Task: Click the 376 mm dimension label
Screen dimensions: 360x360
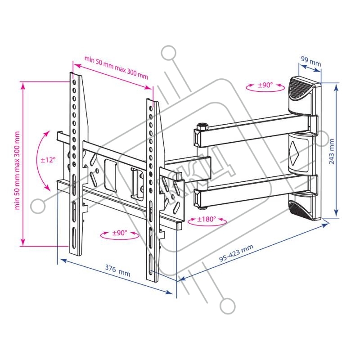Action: click(118, 271)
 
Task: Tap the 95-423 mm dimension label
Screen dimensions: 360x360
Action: click(236, 253)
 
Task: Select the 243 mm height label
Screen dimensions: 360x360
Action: click(332, 151)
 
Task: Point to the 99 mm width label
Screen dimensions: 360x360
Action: click(310, 61)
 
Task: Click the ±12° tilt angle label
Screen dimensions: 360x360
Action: click(48, 160)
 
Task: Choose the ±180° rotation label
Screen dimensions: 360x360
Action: click(207, 219)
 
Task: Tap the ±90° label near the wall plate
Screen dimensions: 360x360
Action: click(265, 85)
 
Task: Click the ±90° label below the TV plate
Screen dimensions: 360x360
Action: click(120, 233)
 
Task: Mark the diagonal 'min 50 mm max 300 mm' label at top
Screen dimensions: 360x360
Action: click(116, 67)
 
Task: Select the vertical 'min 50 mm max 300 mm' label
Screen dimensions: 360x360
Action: click(18, 171)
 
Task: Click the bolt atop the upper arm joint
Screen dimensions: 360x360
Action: click(202, 126)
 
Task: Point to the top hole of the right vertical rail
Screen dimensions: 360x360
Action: click(151, 108)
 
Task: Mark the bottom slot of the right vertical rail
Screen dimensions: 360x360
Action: click(151, 264)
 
